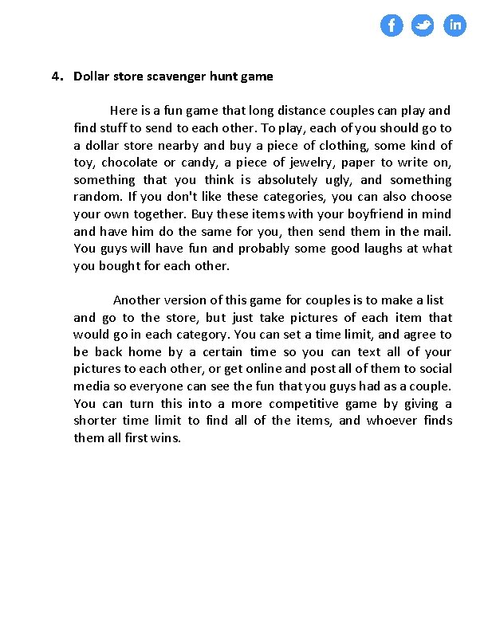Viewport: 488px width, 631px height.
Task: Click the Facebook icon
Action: pyautogui.click(x=391, y=26)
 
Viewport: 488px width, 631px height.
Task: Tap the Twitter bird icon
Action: pyautogui.click(x=423, y=26)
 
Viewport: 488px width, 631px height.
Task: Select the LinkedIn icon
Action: pyautogui.click(x=455, y=26)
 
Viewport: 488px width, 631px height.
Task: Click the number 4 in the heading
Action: pyautogui.click(x=55, y=76)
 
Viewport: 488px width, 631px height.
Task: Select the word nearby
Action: pyautogui.click(x=178, y=145)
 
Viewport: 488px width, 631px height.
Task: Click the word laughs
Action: pyautogui.click(x=386, y=249)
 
